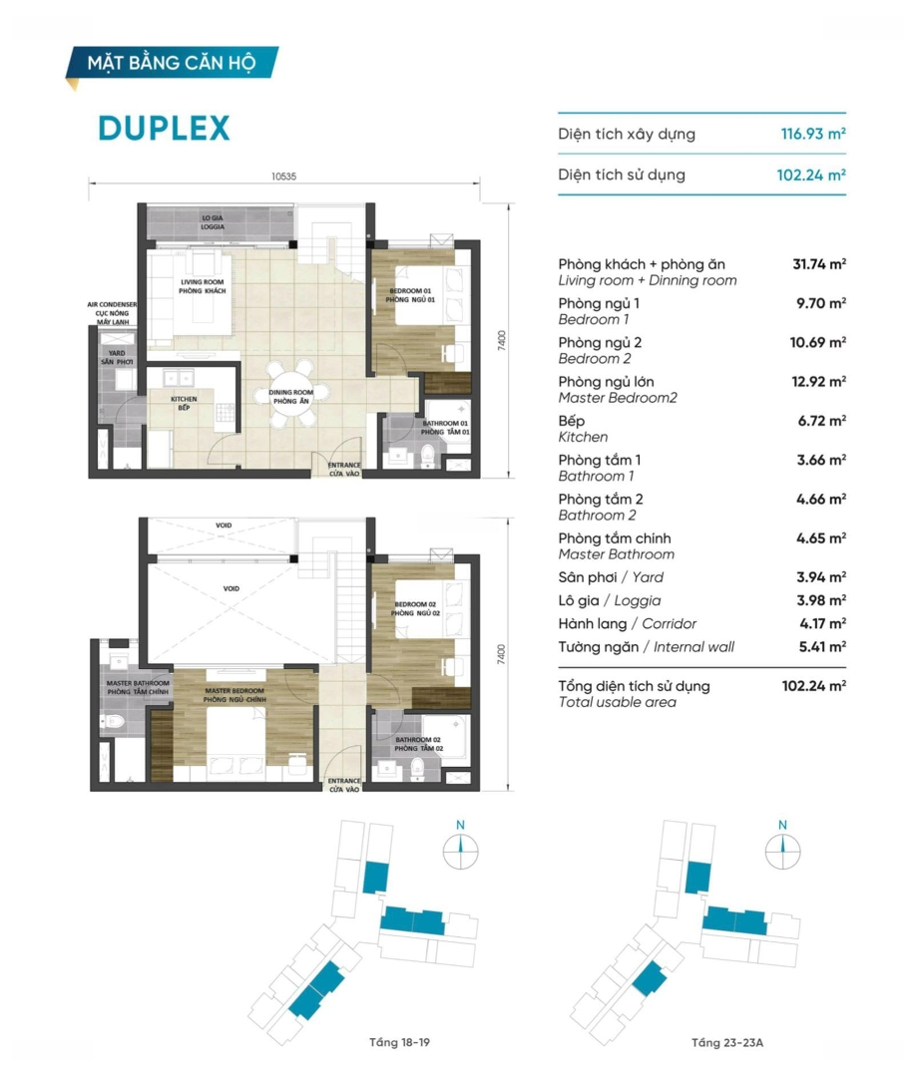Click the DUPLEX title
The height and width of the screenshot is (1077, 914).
coord(164,129)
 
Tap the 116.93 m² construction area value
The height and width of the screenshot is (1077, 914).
coord(813,134)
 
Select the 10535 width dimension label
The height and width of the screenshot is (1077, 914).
coord(283,177)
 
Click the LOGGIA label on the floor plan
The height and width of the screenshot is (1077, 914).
coord(213,226)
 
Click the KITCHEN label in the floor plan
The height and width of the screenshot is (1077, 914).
coord(184,399)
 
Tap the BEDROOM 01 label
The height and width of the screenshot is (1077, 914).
coord(410,291)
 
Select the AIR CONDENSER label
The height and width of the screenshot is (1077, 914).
coord(112,304)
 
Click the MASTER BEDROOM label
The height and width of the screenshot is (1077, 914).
coord(234,691)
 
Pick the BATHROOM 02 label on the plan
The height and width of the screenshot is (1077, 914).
coord(418,740)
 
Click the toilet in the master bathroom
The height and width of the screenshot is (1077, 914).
coord(113,722)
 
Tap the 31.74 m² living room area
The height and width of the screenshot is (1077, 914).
coord(819,263)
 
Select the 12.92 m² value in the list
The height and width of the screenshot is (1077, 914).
coord(818,381)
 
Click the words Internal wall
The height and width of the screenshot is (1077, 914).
coord(693,647)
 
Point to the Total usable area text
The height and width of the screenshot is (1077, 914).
coord(617,702)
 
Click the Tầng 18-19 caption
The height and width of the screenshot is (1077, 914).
coord(399,1043)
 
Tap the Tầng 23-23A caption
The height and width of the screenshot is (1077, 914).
coord(727,1043)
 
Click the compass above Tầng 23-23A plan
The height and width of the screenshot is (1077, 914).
coord(782,851)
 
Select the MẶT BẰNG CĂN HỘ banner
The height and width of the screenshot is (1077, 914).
coord(172,63)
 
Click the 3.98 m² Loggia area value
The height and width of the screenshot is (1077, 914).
coord(821,600)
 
